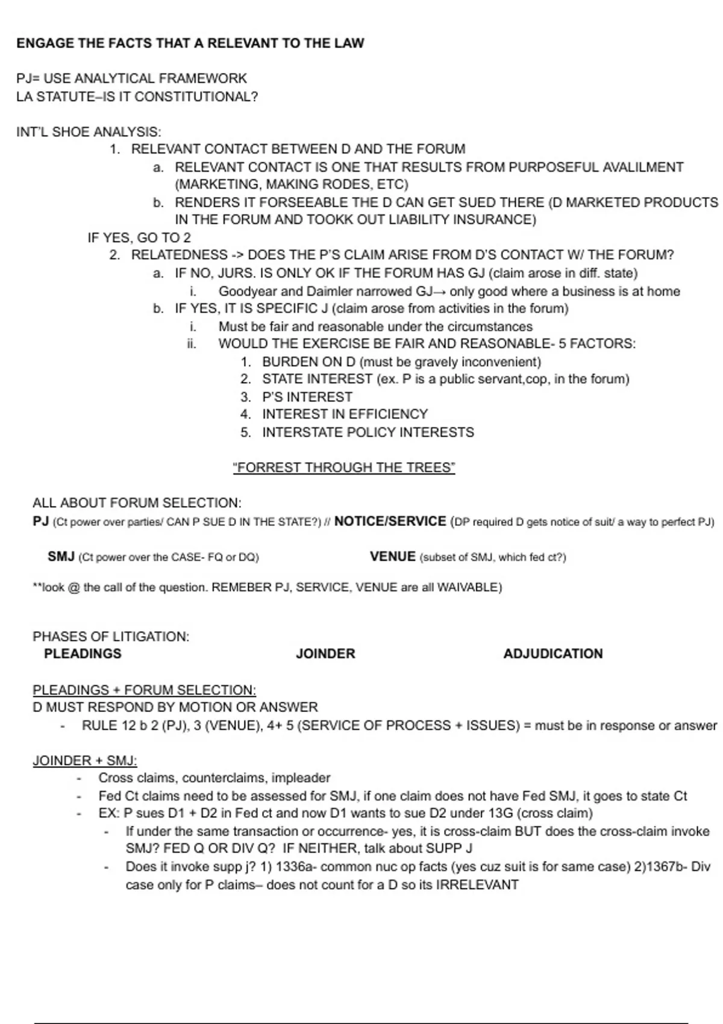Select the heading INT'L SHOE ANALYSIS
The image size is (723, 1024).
tap(89, 132)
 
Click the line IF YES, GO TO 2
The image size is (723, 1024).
tap(139, 237)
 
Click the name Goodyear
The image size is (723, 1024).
tap(248, 292)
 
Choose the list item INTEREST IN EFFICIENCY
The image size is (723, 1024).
tap(345, 414)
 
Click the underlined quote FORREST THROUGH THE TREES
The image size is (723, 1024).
tap(344, 467)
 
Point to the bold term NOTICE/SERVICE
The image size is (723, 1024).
tap(390, 521)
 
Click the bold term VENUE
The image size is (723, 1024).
tap(393, 557)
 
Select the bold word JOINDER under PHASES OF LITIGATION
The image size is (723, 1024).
tap(325, 654)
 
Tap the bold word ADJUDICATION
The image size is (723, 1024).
tap(552, 654)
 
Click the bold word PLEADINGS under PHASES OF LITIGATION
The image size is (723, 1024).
tap(83, 654)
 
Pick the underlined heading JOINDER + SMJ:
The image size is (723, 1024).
tap(85, 761)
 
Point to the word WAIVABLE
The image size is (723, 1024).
tap(467, 587)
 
